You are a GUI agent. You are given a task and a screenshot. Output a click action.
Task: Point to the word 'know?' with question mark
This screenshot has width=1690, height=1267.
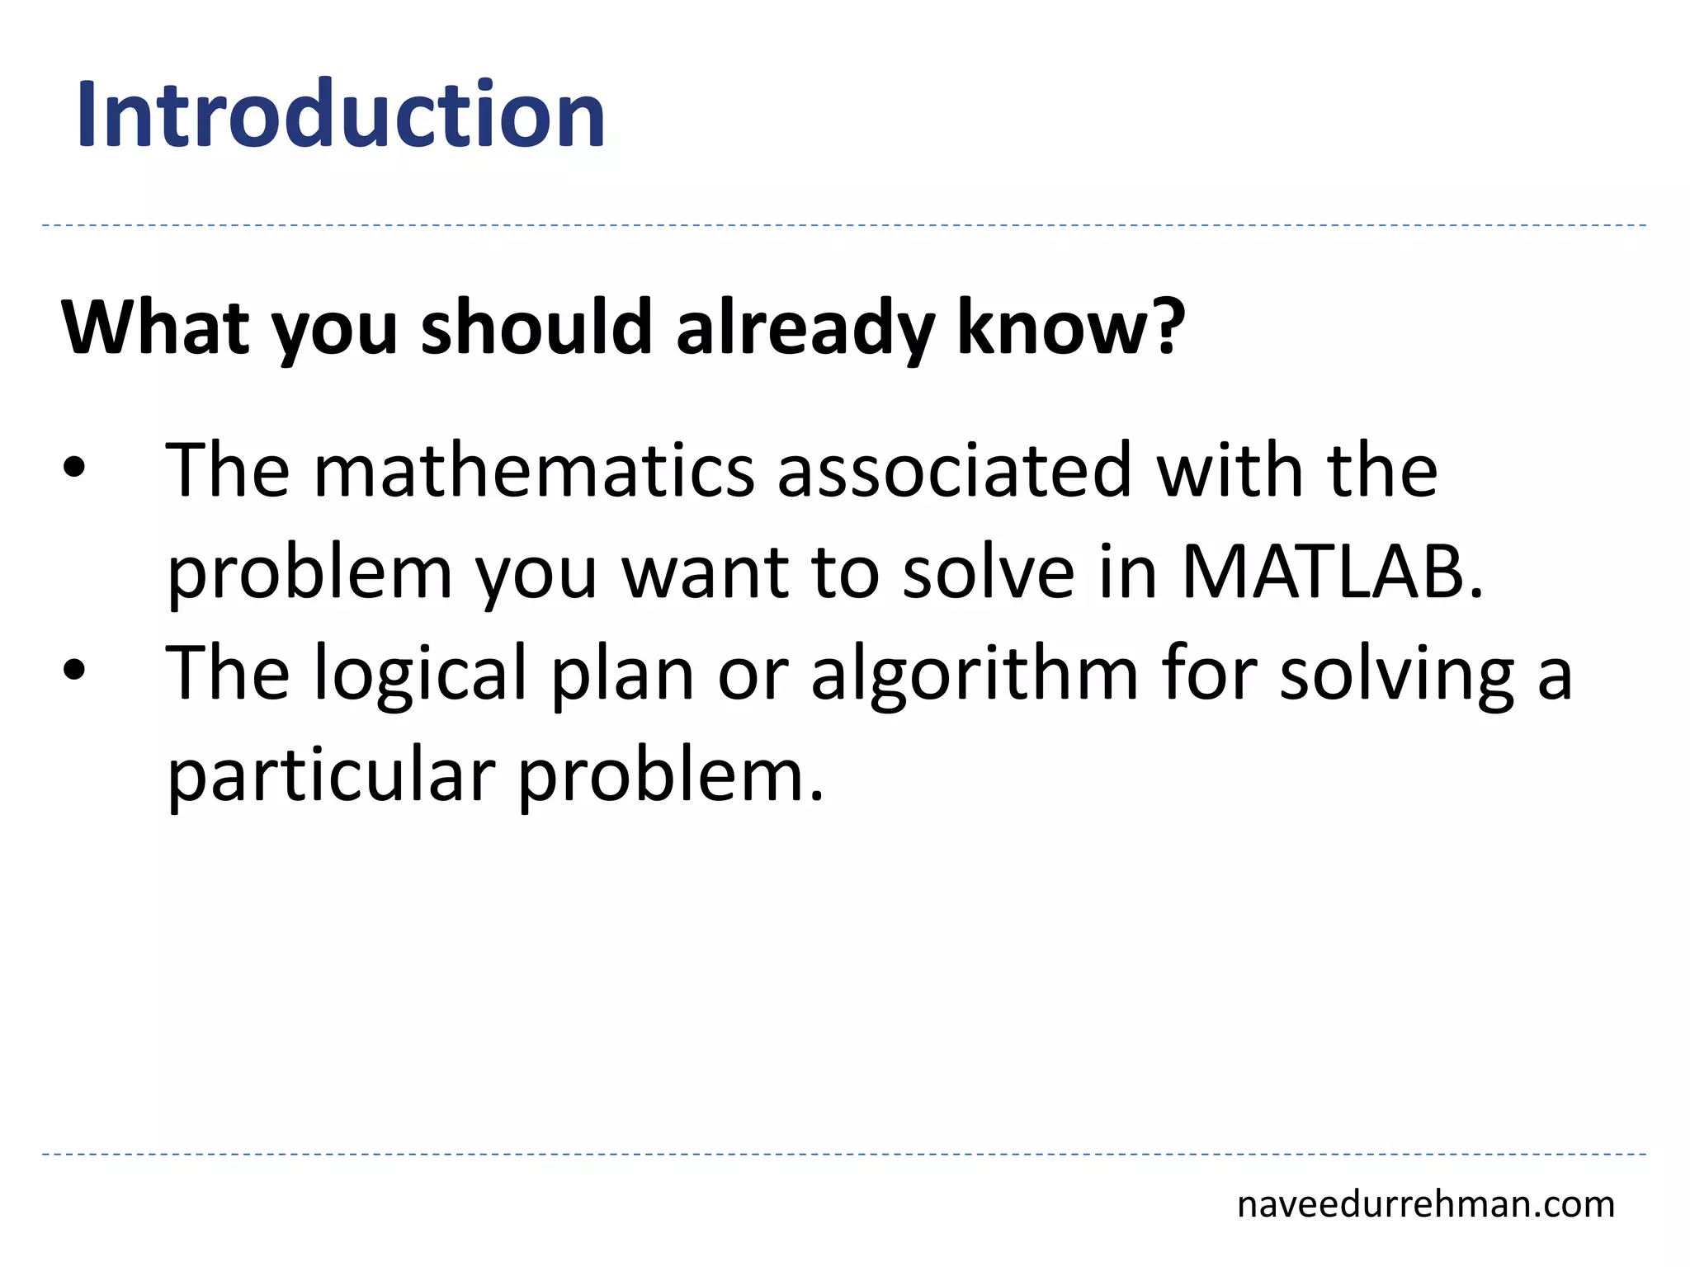pyautogui.click(x=1070, y=328)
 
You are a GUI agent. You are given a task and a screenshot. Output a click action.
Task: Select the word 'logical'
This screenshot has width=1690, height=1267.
pyautogui.click(x=420, y=675)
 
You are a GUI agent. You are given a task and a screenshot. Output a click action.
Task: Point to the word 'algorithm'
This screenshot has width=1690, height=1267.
pyautogui.click(x=975, y=675)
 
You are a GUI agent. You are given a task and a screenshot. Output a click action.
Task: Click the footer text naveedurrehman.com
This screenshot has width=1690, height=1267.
pyautogui.click(x=1425, y=1204)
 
